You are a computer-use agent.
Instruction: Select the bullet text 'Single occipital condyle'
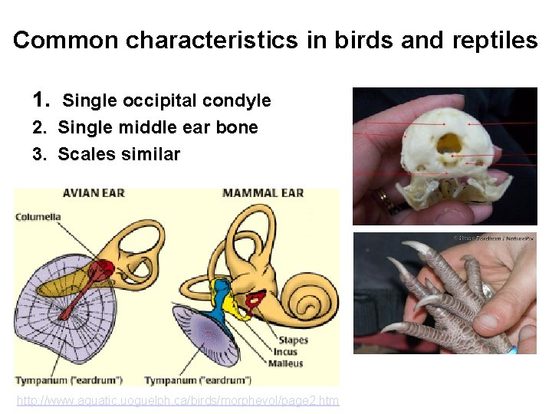point(166,100)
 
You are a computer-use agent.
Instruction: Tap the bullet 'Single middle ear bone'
point(158,127)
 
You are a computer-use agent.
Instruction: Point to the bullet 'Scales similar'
point(119,154)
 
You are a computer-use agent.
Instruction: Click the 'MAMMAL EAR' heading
point(263,193)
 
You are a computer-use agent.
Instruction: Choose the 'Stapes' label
point(294,340)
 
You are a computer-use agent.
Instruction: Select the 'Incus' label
point(286,352)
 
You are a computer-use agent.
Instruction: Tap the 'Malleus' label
point(286,363)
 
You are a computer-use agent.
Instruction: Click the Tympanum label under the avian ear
point(70,380)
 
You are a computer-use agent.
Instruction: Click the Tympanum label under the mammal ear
point(198,380)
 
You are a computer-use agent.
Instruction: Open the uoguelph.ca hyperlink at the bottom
point(178,401)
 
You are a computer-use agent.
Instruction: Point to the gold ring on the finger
point(383,201)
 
